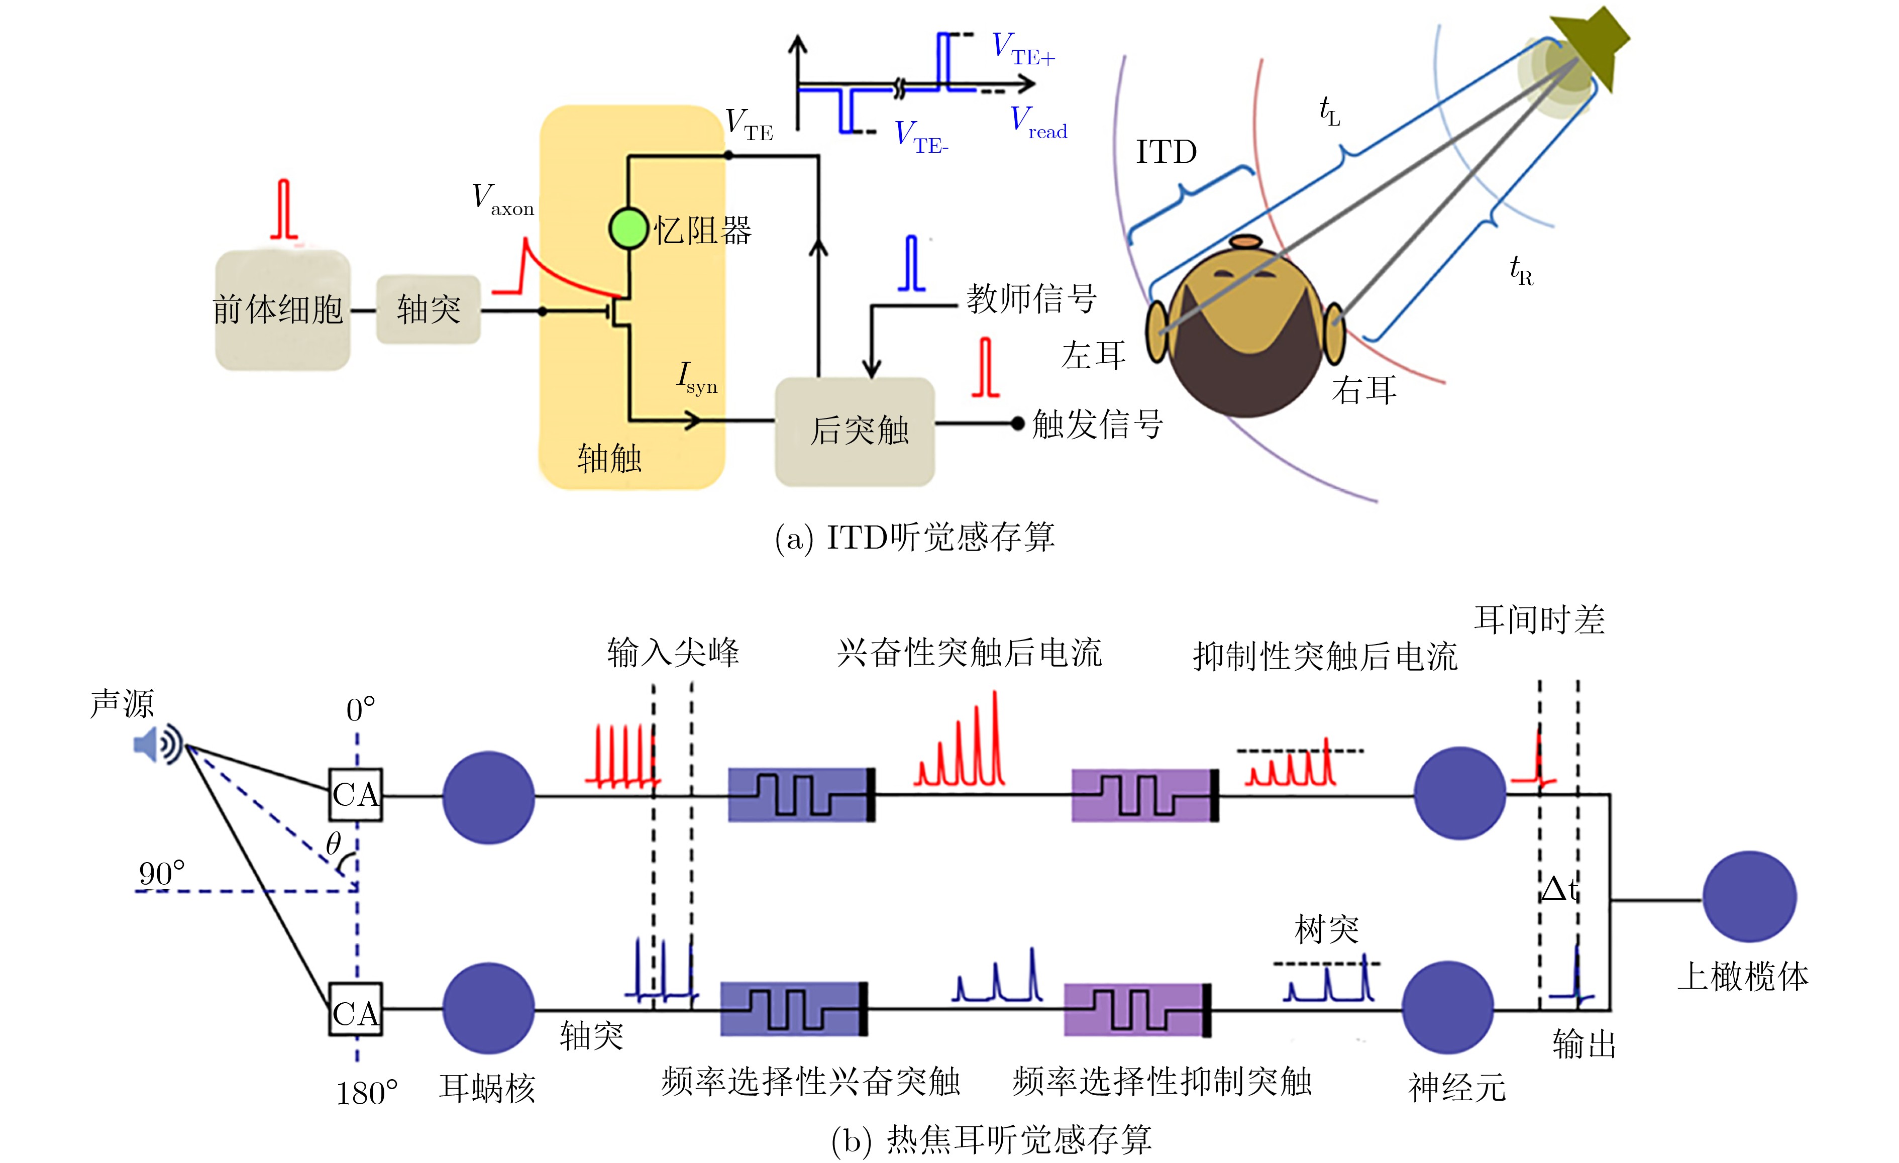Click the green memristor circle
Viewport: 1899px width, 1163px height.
point(628,229)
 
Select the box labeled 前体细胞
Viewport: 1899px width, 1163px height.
point(282,310)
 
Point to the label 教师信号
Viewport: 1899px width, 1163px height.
point(1031,298)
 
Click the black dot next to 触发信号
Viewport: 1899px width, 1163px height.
point(1017,423)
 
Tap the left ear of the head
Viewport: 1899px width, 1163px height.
point(1156,332)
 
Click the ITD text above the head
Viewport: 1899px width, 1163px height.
point(1166,152)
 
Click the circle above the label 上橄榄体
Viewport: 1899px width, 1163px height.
point(1749,896)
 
